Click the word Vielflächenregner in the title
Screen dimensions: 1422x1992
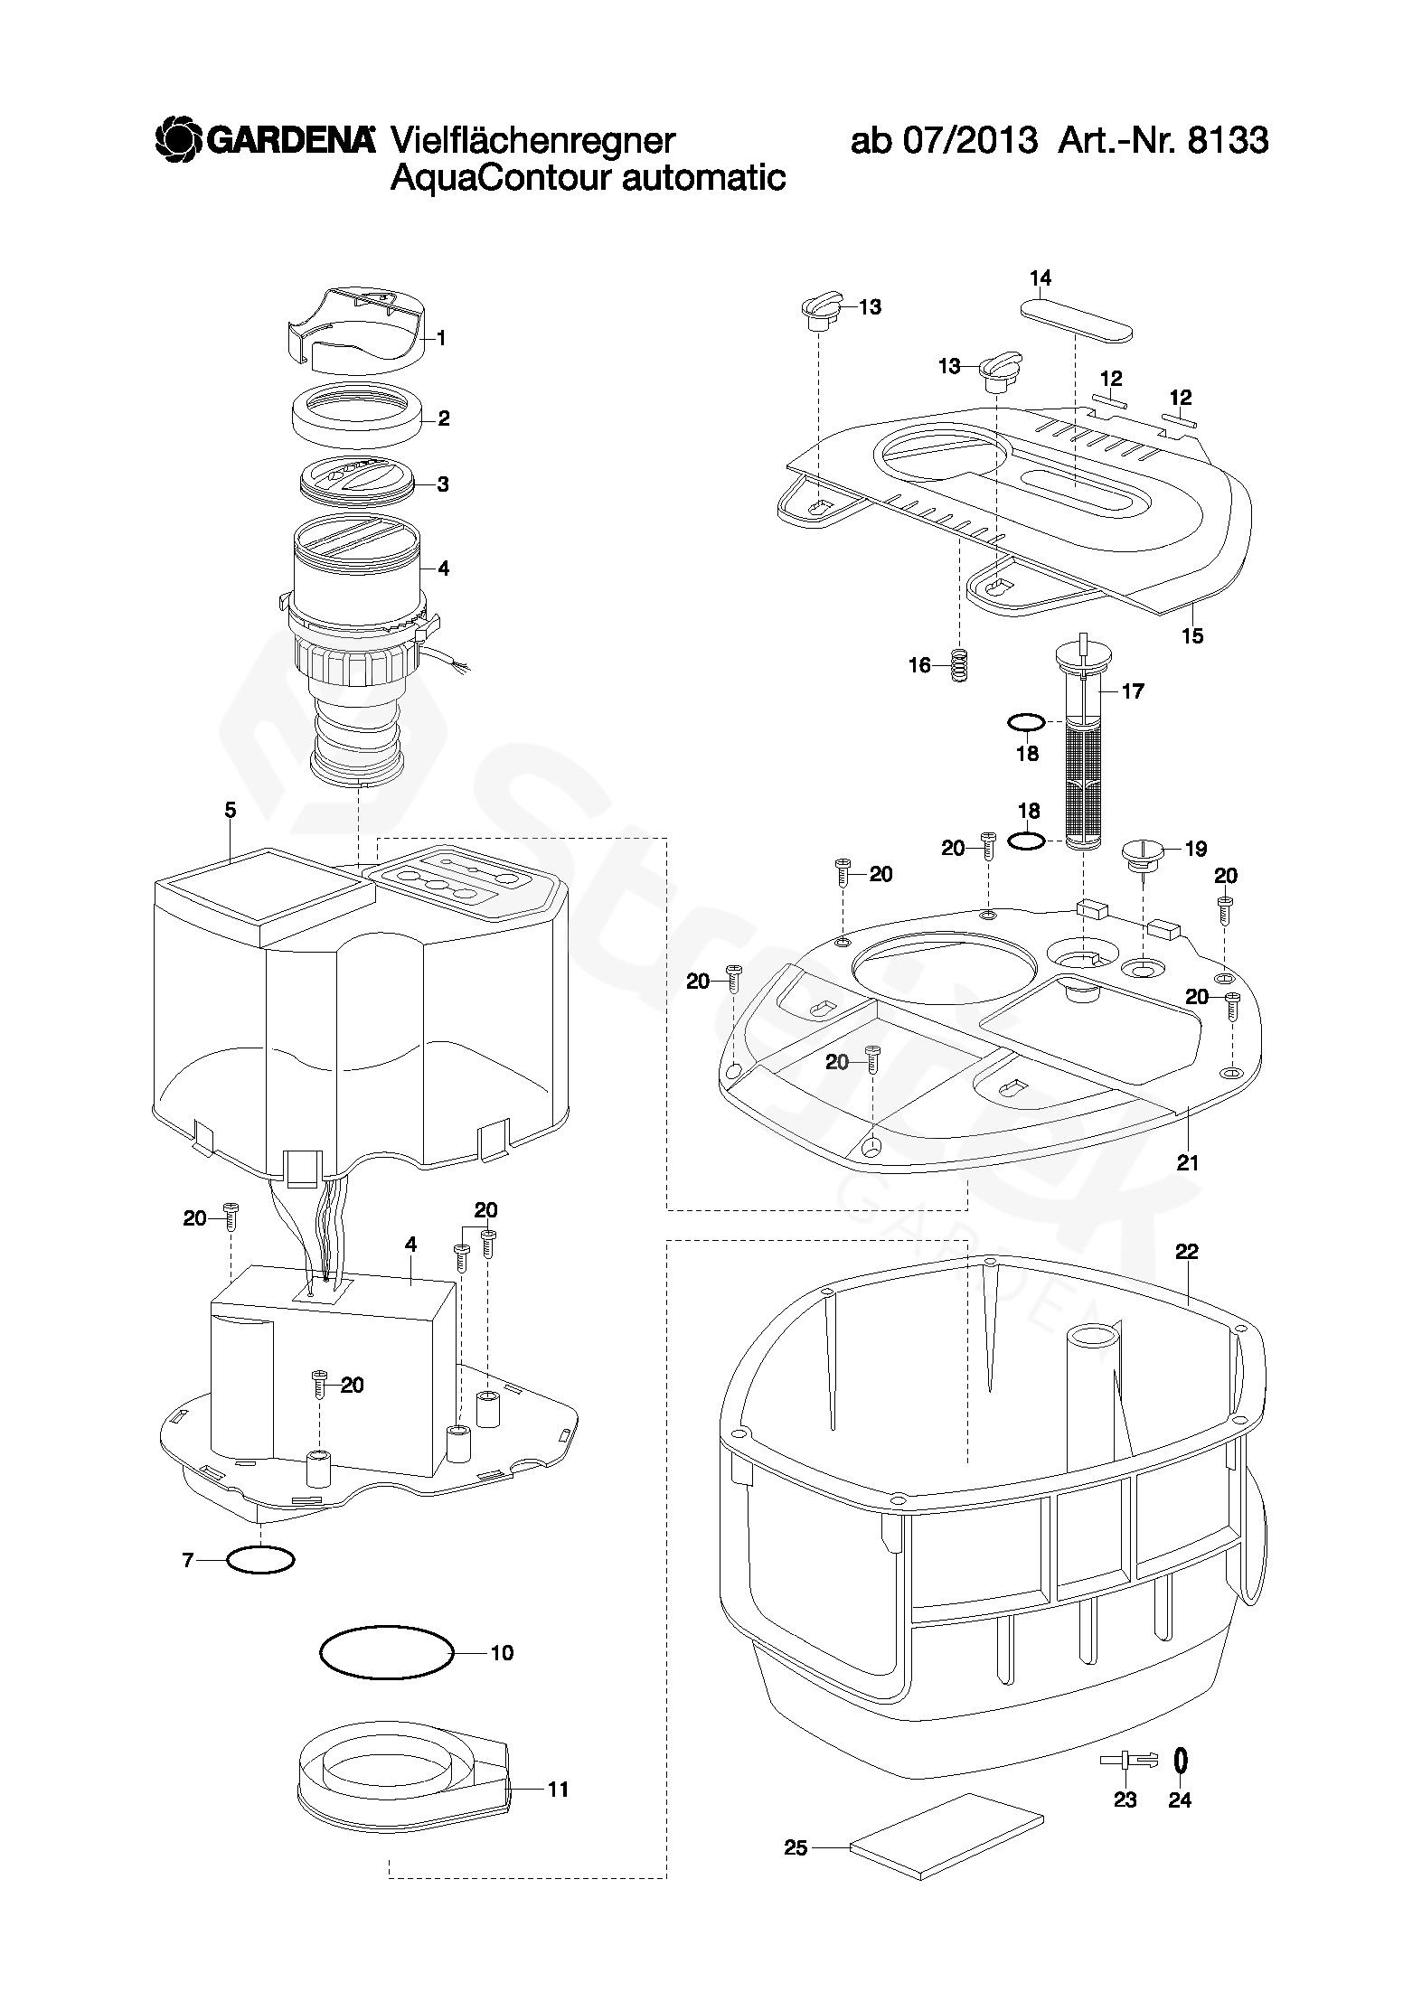(533, 140)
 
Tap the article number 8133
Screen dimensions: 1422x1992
(1228, 141)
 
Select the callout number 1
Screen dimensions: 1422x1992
(442, 338)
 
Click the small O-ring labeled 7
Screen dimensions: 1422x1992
(260, 1560)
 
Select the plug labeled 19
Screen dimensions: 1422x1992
(1143, 853)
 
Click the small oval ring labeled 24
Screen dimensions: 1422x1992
(1180, 1760)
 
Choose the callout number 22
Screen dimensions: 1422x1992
(1186, 1251)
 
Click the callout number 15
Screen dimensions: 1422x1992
(1192, 635)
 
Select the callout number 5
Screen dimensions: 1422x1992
(231, 810)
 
